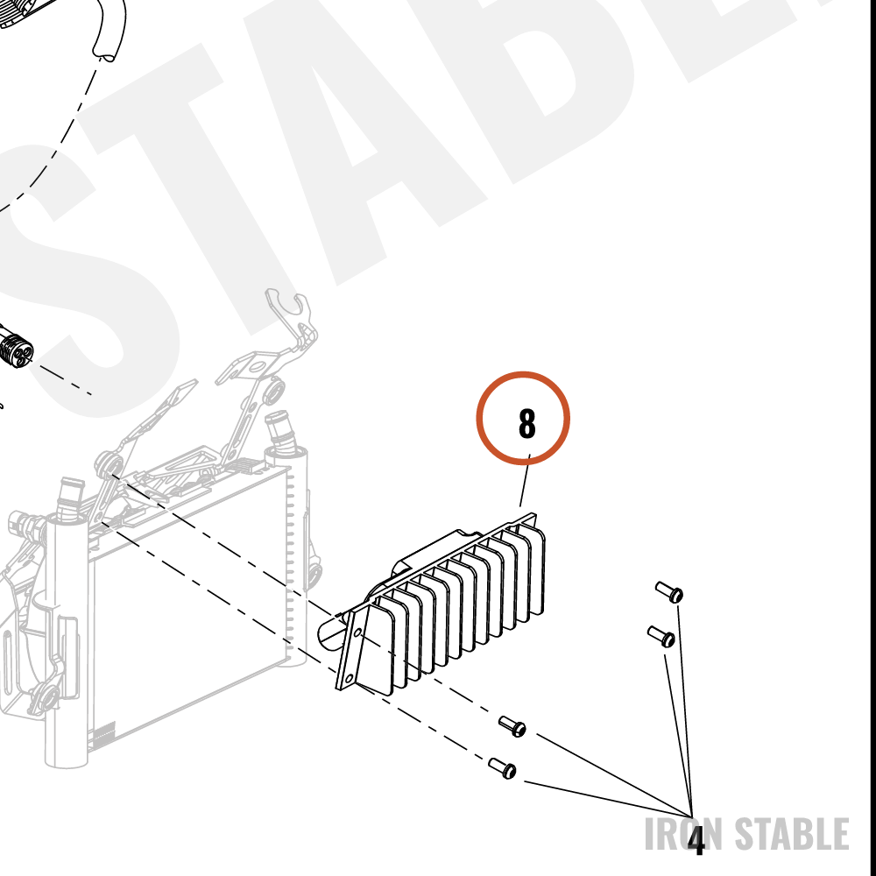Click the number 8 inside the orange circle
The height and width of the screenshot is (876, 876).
526,423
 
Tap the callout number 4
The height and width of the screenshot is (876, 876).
696,840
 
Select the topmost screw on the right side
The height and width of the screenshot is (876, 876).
669,591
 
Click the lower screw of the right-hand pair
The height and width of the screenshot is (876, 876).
661,636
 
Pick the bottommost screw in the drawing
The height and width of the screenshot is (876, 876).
502,768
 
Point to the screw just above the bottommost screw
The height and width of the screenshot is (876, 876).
512,725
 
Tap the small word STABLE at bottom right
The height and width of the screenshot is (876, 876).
792,834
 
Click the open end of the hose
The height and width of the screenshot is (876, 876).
106,54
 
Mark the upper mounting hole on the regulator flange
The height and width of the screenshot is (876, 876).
357,632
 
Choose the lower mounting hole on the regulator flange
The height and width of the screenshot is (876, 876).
350,678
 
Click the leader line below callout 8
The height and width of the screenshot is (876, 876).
525,480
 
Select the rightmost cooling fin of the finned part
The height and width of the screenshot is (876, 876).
534,568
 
